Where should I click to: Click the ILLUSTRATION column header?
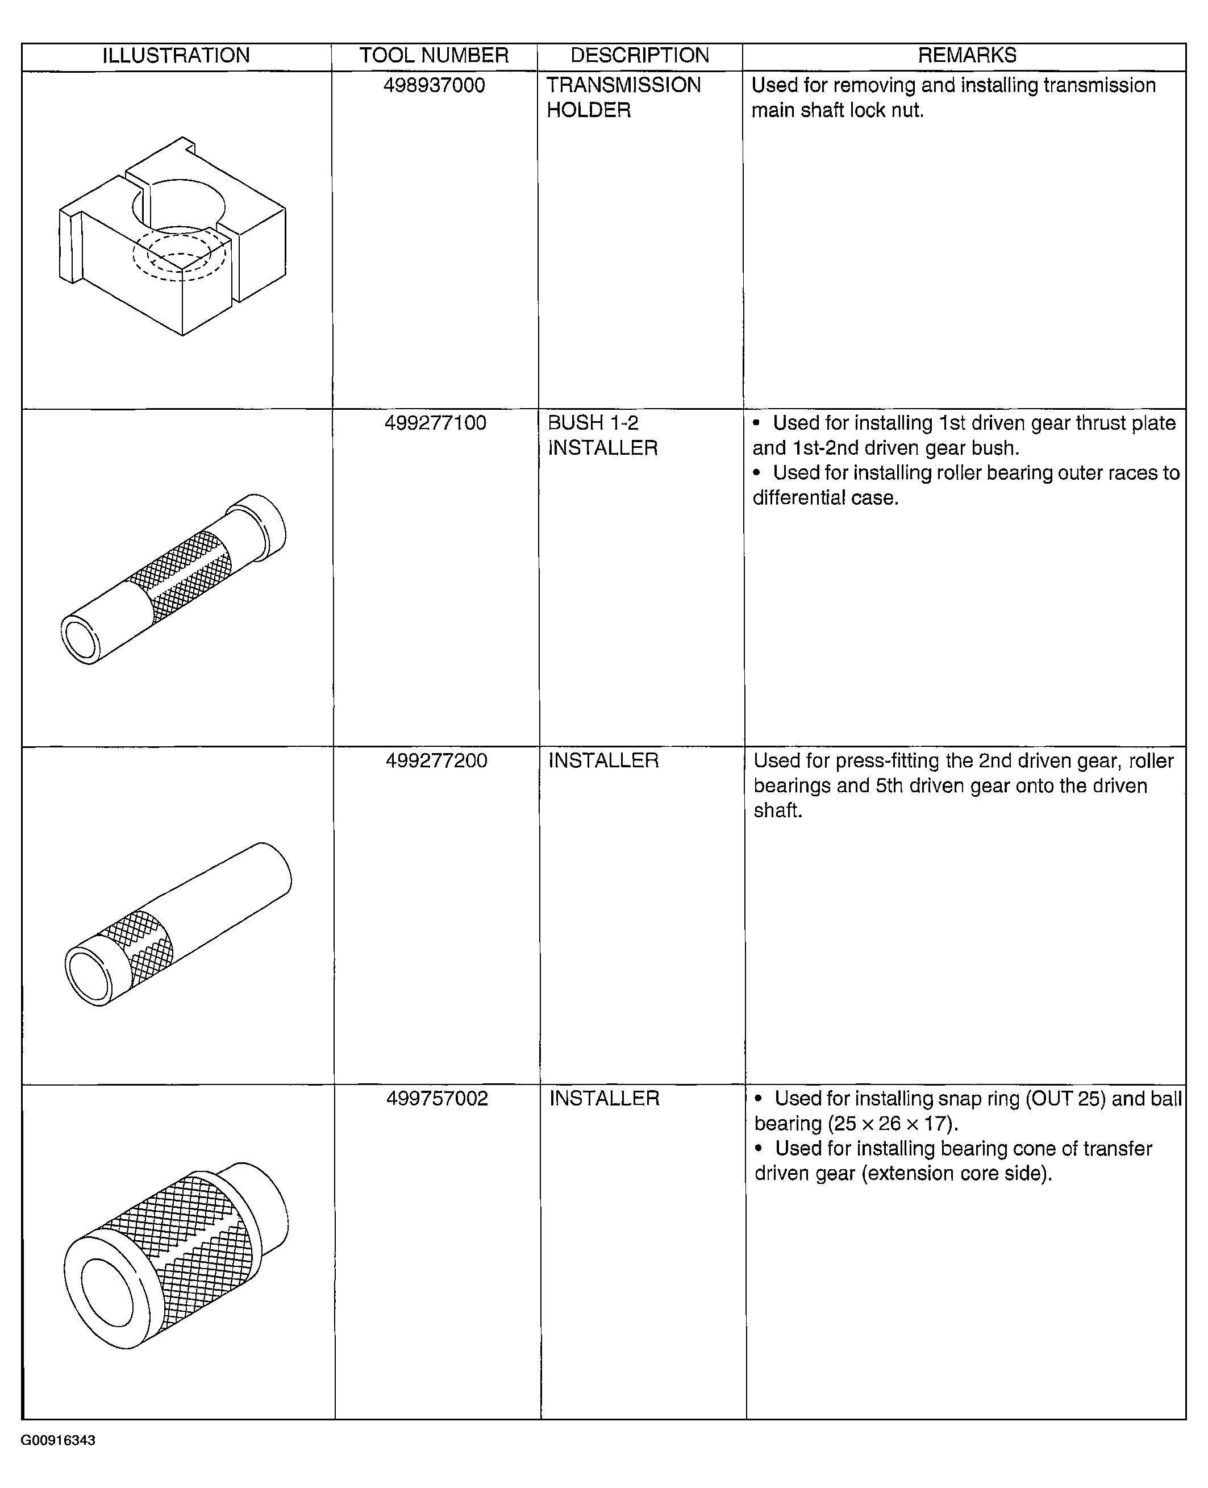176,56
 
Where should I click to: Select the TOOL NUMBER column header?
434,56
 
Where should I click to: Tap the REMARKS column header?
967,56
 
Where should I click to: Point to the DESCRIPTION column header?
639,56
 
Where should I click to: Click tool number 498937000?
434,86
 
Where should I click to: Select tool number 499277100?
436,423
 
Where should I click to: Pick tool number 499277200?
436,760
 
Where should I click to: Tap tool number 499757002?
437,1098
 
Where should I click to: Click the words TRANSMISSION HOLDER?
623,97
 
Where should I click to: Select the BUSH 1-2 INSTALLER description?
603,435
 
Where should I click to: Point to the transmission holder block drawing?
173,236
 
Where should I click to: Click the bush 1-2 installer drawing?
173,579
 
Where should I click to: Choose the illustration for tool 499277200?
178,924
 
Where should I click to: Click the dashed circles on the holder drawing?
180,254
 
